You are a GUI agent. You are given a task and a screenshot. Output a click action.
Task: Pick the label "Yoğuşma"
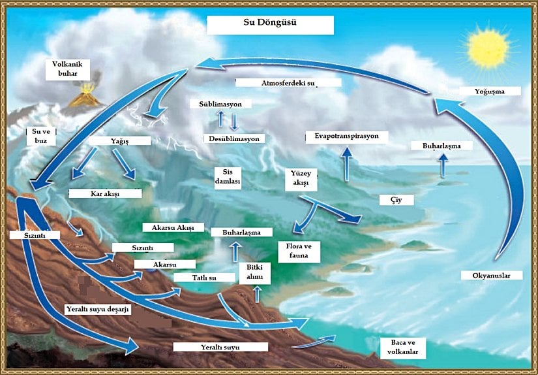pyautogui.click(x=490, y=91)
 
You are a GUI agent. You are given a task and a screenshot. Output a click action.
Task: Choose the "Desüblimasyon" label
pyautogui.click(x=234, y=139)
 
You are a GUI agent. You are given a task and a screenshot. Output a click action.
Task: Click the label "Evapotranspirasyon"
pyautogui.click(x=346, y=137)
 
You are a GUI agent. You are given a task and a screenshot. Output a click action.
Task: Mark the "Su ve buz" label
pyautogui.click(x=40, y=136)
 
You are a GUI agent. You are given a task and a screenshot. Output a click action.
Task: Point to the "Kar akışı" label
pyautogui.click(x=105, y=194)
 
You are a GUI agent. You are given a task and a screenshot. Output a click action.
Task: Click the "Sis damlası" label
pyautogui.click(x=228, y=176)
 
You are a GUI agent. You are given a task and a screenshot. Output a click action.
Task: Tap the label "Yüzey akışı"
pyautogui.click(x=301, y=180)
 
